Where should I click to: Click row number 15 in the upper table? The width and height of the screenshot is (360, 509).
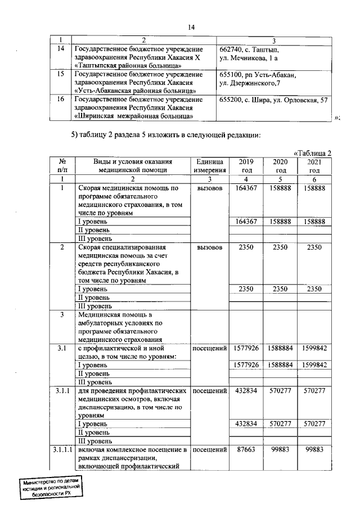click(x=61, y=74)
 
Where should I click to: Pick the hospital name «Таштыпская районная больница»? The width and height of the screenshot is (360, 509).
click(x=127, y=65)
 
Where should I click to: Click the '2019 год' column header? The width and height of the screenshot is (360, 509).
click(x=246, y=165)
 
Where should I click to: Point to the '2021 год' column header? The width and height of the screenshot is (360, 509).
click(x=314, y=165)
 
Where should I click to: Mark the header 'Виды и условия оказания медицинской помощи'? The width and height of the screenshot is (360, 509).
click(x=133, y=165)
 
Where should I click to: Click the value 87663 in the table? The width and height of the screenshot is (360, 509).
click(x=246, y=451)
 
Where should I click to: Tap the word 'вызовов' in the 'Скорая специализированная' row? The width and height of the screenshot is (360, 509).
click(x=210, y=247)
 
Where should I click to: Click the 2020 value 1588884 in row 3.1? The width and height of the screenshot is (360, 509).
click(x=280, y=349)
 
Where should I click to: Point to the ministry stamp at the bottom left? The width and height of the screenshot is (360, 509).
click(x=52, y=487)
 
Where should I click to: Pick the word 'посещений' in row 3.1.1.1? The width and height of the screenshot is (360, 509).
click(x=210, y=451)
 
